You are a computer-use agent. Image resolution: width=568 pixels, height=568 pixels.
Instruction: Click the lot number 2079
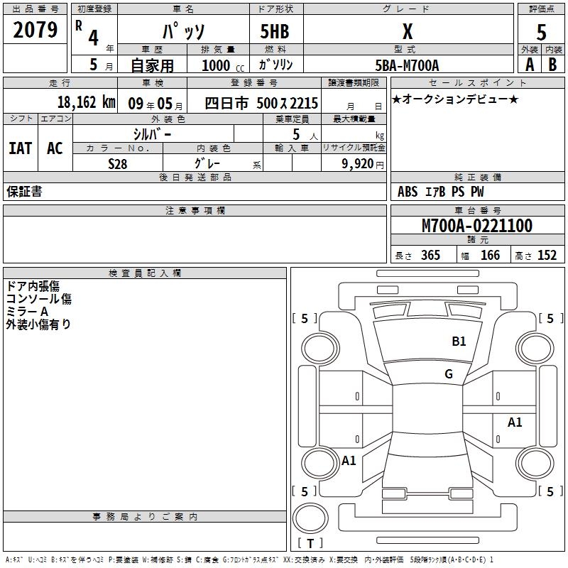pyautogui.click(x=35, y=30)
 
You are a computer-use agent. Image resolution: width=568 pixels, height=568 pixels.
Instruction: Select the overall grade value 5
pyautogui.click(x=541, y=33)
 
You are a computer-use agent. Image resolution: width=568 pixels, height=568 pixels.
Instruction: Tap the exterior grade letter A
pyautogui.click(x=530, y=65)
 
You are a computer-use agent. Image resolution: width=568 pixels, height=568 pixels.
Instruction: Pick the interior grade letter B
pyautogui.click(x=552, y=65)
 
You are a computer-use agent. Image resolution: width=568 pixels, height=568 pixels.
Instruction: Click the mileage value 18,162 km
pyautogui.click(x=86, y=102)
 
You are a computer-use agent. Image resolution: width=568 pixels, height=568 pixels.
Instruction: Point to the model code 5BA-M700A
pyautogui.click(x=407, y=65)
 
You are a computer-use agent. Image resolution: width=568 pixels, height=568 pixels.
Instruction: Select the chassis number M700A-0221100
pyautogui.click(x=477, y=226)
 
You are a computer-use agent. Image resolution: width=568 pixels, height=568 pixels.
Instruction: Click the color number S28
pyautogui.click(x=117, y=164)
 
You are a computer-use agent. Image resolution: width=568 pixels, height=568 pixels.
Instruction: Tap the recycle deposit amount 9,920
pyautogui.click(x=358, y=164)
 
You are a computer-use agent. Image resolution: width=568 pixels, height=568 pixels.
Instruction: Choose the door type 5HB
pyautogui.click(x=275, y=31)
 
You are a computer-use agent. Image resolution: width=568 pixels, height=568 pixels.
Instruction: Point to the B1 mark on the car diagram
pyautogui.click(x=459, y=342)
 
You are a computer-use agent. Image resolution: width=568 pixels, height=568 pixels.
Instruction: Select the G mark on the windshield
pyautogui.click(x=449, y=374)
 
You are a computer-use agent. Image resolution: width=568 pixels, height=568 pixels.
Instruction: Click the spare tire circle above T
pyautogui.click(x=310, y=518)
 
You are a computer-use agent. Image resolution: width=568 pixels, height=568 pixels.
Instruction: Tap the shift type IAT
pyautogui.click(x=21, y=148)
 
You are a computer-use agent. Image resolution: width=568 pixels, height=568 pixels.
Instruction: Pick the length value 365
pyautogui.click(x=430, y=255)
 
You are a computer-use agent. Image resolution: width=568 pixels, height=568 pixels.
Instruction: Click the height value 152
pyautogui.click(x=547, y=255)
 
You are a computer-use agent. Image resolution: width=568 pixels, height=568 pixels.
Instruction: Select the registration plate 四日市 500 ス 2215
pyautogui.click(x=261, y=103)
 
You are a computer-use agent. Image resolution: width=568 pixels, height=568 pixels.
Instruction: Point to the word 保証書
pyautogui.click(x=24, y=192)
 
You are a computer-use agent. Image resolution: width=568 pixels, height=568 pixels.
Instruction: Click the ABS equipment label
pyautogui.click(x=408, y=192)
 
